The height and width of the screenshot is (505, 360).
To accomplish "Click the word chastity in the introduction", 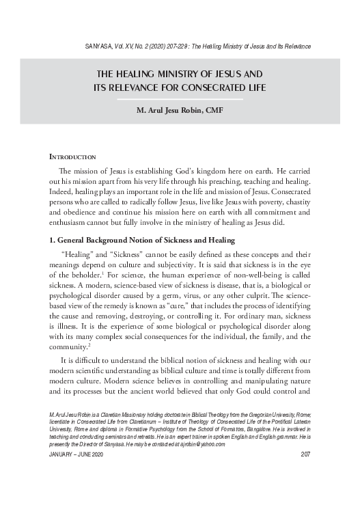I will tap(294, 205).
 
